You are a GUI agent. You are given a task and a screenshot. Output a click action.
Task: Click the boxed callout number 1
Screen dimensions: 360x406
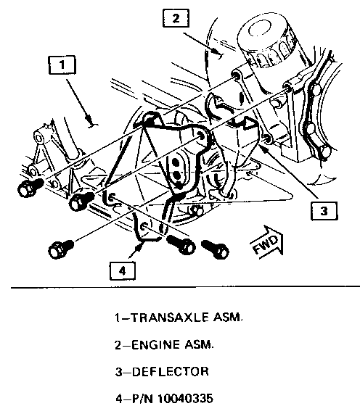[62, 65]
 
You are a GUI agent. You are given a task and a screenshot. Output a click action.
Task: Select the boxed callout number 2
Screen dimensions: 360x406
[176, 18]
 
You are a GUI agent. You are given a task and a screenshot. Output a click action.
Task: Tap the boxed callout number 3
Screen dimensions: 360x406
[324, 211]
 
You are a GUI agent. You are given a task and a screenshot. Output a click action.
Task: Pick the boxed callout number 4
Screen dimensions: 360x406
[123, 271]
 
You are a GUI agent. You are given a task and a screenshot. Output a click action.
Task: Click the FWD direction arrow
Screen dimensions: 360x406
[268, 243]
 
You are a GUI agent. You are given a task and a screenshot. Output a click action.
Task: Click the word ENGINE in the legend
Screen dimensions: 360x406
[155, 345]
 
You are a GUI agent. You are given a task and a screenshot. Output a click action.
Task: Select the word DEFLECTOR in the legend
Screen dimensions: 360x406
[171, 372]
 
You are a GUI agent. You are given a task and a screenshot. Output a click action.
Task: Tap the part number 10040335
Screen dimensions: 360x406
[185, 399]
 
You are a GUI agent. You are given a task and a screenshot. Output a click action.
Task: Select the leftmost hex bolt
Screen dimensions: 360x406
[29, 188]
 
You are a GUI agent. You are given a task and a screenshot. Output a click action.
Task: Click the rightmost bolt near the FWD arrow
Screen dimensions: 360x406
[216, 249]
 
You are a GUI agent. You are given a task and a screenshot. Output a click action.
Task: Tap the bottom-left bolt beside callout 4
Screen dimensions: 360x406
[61, 249]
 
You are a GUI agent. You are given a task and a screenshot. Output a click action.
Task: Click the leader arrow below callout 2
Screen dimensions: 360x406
[202, 44]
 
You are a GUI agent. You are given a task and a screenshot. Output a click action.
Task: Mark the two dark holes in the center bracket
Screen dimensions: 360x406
[176, 169]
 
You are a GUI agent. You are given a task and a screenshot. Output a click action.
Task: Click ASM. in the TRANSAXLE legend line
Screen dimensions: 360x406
[228, 318]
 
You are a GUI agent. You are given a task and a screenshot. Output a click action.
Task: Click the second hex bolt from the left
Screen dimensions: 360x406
[81, 201]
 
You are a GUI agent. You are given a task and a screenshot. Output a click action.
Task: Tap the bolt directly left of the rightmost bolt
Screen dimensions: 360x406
[181, 245]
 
